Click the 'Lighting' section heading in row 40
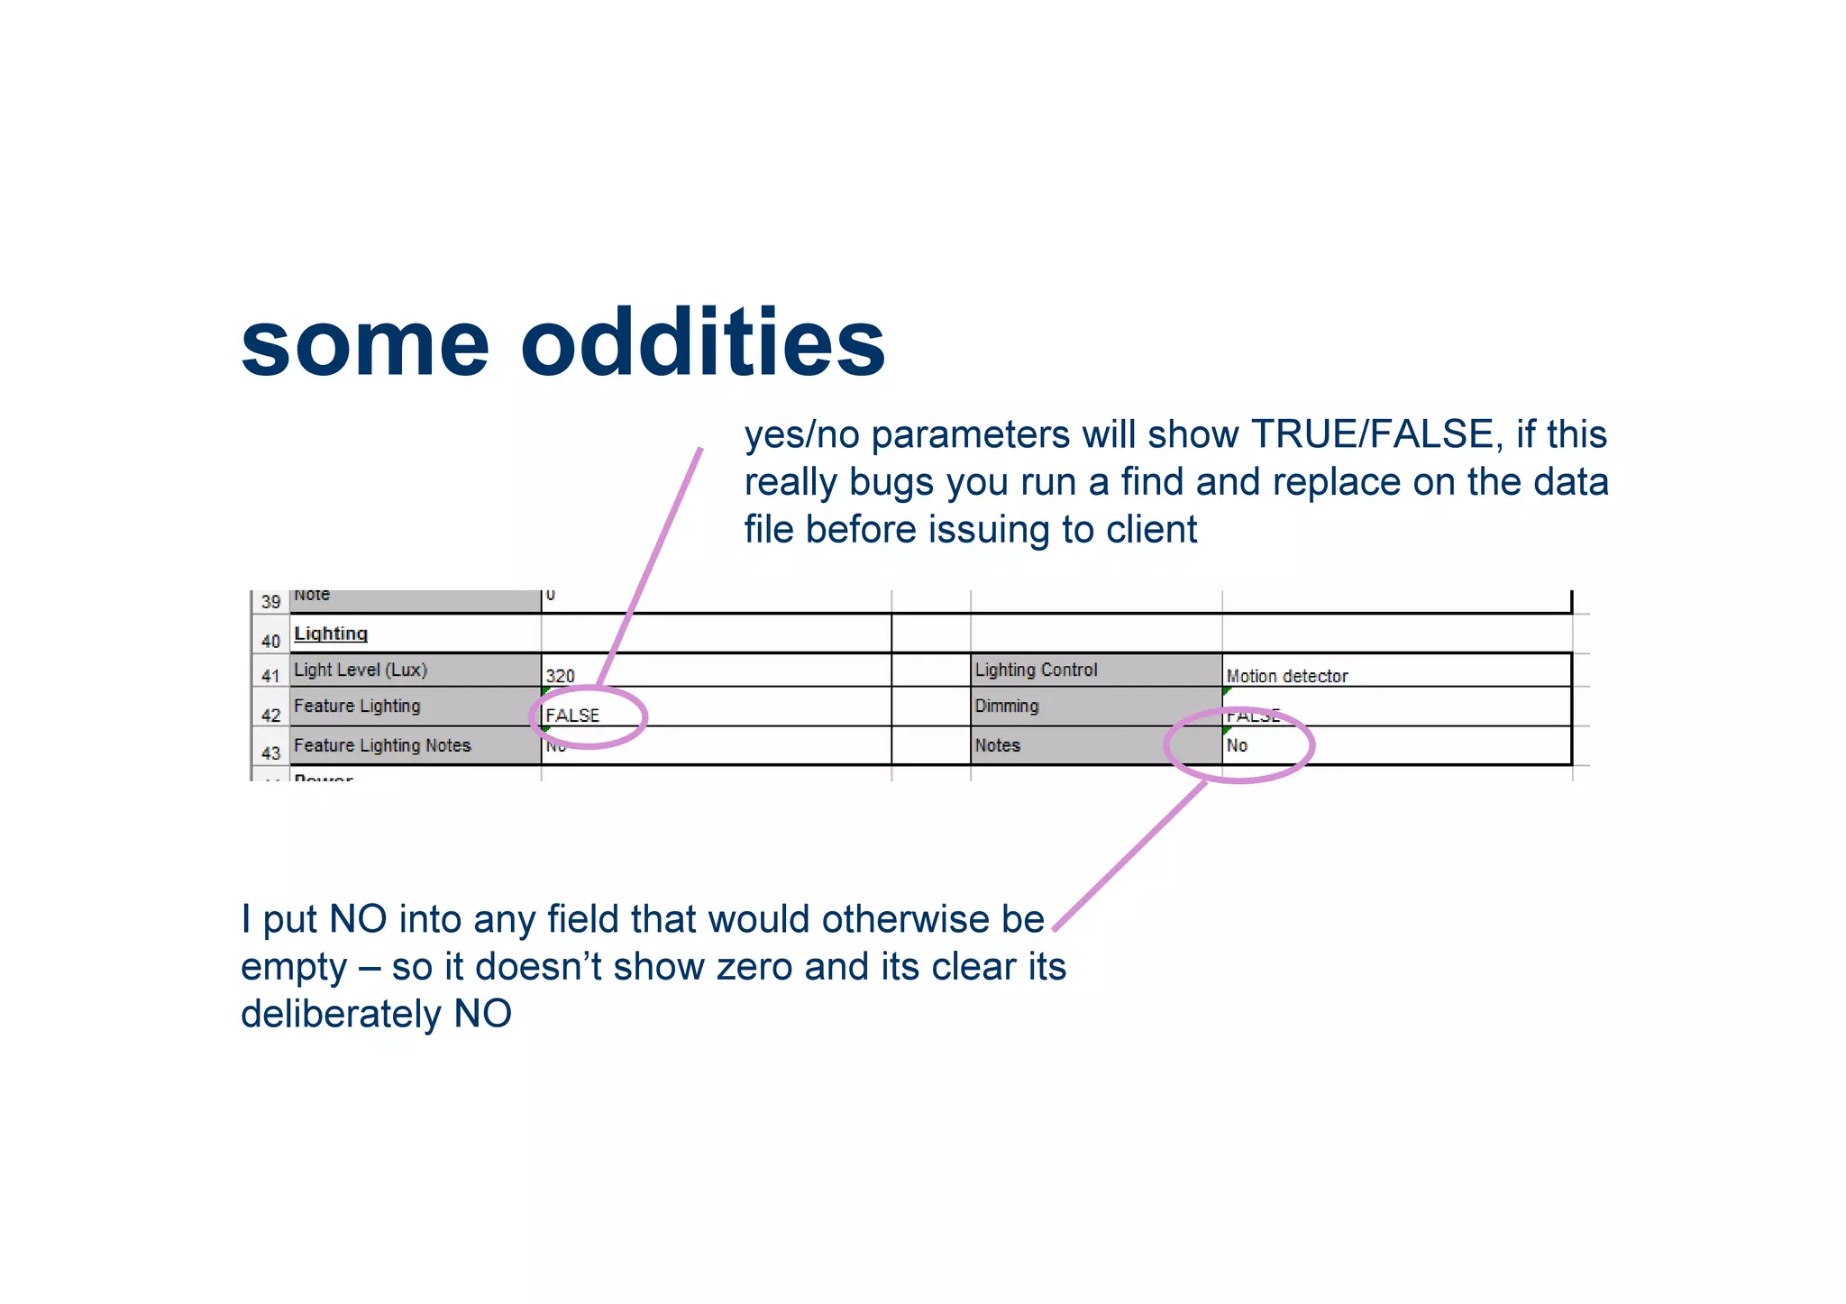331,634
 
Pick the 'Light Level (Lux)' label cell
361,670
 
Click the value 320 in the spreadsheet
560,675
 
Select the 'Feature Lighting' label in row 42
357,706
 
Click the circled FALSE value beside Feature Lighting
572,716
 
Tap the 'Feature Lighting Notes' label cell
382,745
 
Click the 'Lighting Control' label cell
1036,670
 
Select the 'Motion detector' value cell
1286,676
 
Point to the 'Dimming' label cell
1007,706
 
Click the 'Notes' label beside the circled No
997,745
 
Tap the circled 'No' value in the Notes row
1237,745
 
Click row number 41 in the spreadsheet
270,675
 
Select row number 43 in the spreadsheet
270,752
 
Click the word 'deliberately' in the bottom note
341,1014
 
